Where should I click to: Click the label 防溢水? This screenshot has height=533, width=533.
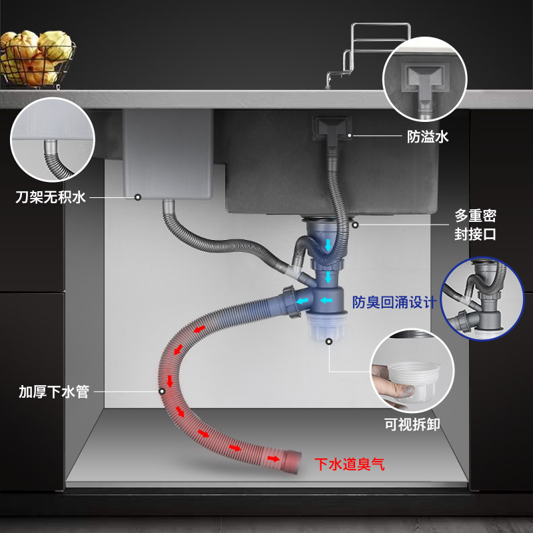[x=428, y=137]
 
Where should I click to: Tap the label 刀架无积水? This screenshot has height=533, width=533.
[x=51, y=197]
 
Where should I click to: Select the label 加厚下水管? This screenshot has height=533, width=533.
[x=54, y=391]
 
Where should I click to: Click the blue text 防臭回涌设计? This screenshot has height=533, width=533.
[x=394, y=302]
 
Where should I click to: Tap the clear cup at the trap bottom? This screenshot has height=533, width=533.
[x=327, y=327]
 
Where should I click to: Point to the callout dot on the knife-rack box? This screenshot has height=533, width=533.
[x=138, y=197]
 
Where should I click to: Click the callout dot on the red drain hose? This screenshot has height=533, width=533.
[x=161, y=391]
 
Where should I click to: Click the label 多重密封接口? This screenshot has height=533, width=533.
[x=475, y=225]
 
